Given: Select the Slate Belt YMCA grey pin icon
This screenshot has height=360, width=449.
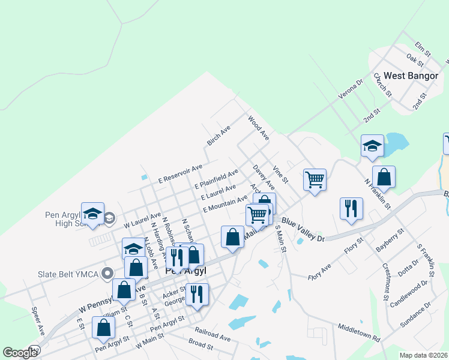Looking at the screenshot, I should pyautogui.click(x=108, y=274).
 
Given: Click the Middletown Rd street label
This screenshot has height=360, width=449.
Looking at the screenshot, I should pyautogui.click(x=359, y=334).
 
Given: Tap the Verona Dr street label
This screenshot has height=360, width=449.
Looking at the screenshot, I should pyautogui.click(x=351, y=90).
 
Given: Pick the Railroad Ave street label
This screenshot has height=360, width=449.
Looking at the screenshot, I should pyautogui.click(x=212, y=334).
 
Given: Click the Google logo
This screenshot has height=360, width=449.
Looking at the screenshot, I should pyautogui.click(x=20, y=353).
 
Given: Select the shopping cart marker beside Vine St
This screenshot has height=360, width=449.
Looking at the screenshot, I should pyautogui.click(x=315, y=179).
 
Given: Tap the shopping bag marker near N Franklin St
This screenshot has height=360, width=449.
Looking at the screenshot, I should pyautogui.click(x=384, y=177).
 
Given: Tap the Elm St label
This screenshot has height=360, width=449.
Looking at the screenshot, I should pyautogui.click(x=423, y=50).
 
